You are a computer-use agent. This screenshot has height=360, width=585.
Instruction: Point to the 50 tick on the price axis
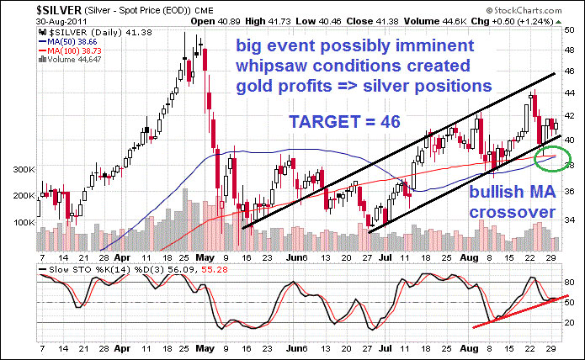[x=568, y=29]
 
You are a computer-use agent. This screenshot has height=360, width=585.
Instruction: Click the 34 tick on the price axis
[x=568, y=218]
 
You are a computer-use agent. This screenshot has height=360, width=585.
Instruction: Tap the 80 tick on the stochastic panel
[x=567, y=282]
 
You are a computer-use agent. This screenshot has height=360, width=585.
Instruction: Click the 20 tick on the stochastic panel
[x=567, y=322]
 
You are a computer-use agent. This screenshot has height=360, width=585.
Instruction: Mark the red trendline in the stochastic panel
[x=513, y=311]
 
